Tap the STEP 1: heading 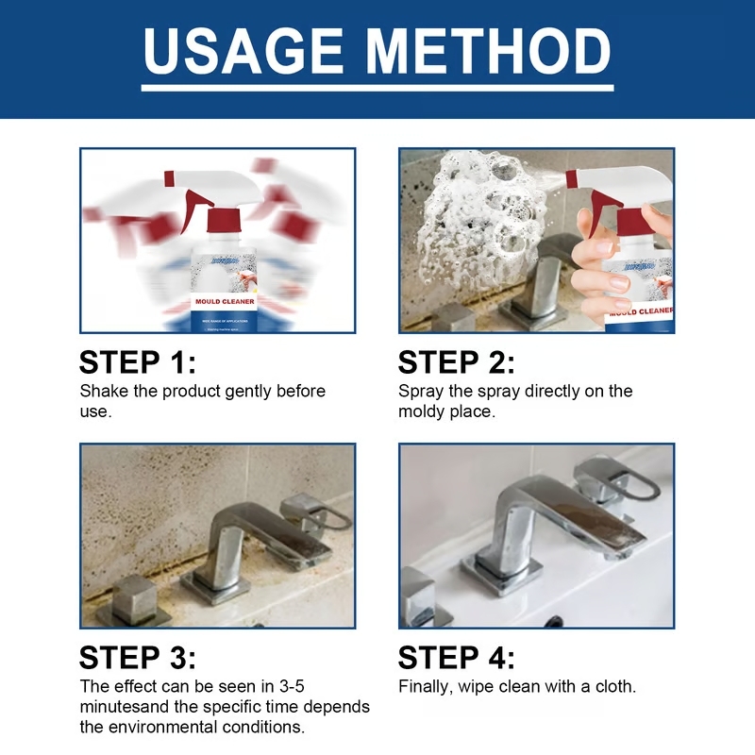click(x=138, y=362)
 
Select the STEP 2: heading click(x=457, y=362)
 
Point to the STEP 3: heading click(x=138, y=658)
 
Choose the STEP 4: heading click(x=457, y=658)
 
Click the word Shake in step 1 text click(x=102, y=391)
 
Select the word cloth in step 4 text click(x=615, y=686)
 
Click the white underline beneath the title click(x=377, y=87)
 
